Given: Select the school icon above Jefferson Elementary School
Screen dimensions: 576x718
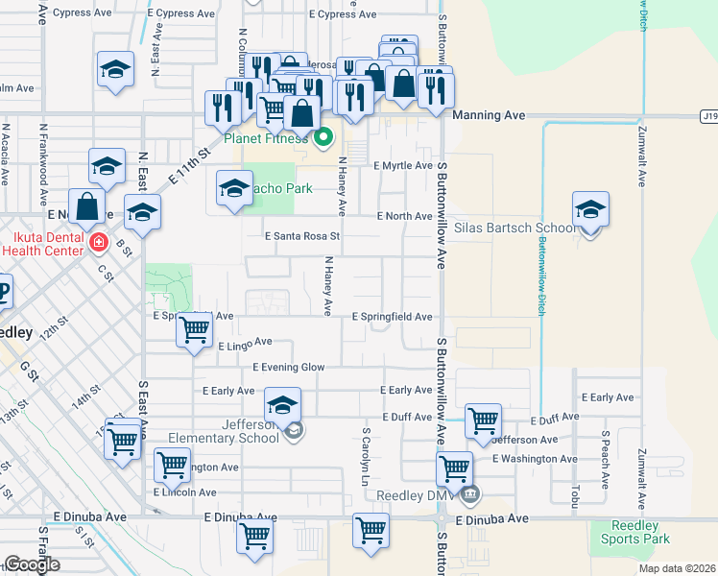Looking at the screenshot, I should click(282, 406).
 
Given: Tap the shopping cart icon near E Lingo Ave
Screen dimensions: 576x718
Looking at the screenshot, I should click(195, 329).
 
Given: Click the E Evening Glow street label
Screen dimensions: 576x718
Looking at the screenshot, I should click(289, 367).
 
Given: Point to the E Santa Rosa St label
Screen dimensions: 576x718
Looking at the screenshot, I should click(302, 235).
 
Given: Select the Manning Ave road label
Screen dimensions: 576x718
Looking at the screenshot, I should click(489, 115).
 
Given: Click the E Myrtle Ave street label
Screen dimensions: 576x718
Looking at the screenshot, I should click(403, 165).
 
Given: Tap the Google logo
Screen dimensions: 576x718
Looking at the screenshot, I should click(32, 565).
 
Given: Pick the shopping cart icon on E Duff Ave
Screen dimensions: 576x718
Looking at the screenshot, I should click(482, 420).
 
